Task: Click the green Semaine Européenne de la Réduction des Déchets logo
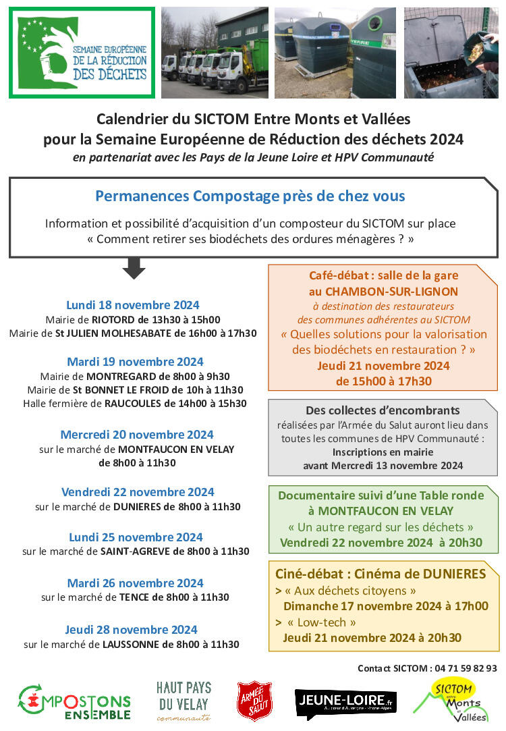(x=82, y=53)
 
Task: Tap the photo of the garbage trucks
(x=215, y=53)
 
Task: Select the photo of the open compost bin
(x=450, y=53)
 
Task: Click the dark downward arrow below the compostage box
(x=134, y=268)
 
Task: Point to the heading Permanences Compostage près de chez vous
(x=250, y=196)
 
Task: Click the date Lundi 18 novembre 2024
(x=133, y=304)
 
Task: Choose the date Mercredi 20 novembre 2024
(x=137, y=434)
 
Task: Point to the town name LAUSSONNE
(x=132, y=644)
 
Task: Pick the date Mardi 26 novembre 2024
(x=135, y=583)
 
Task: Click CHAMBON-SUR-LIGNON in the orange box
(x=383, y=291)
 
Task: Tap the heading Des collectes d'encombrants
(x=383, y=410)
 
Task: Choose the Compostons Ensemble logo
(x=74, y=703)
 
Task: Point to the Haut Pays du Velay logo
(x=184, y=701)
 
